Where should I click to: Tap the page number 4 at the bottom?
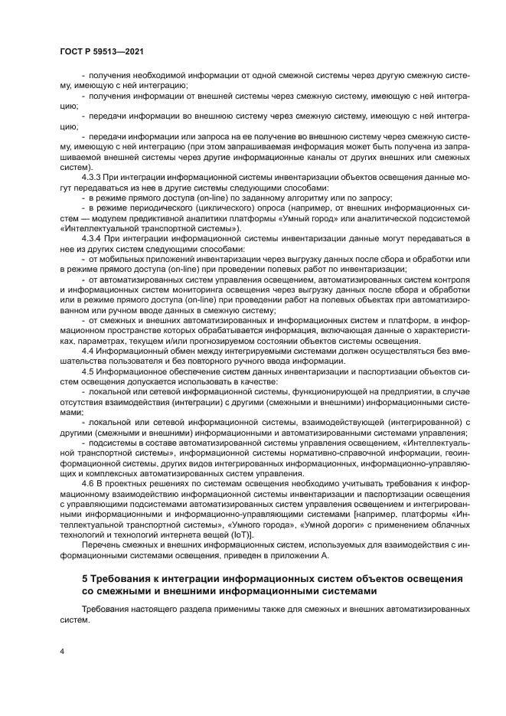coord(62,651)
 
